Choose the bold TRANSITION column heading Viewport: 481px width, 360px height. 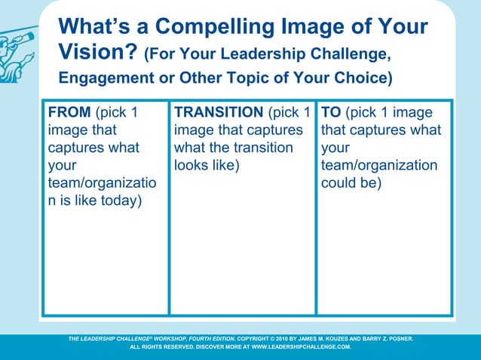click(x=219, y=113)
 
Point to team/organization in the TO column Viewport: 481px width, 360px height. click(x=378, y=165)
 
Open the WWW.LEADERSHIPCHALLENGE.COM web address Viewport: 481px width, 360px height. click(x=301, y=348)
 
